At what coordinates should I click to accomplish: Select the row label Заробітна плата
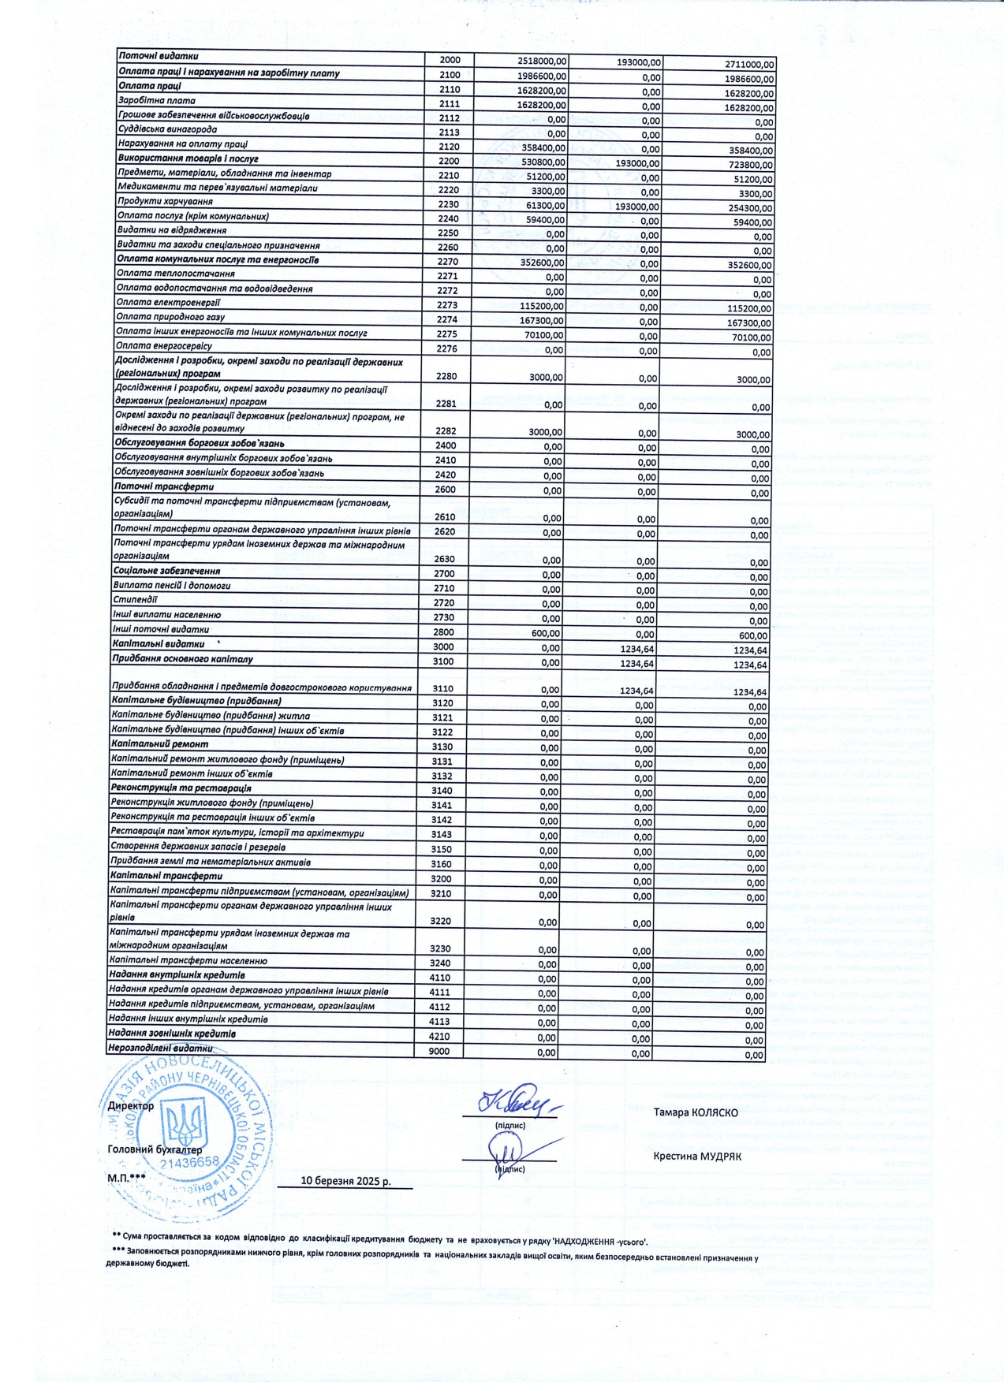pos(156,101)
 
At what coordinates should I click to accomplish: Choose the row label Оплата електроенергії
pos(169,303)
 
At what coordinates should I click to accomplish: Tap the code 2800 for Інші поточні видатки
pos(443,631)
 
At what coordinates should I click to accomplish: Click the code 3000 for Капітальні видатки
pos(443,646)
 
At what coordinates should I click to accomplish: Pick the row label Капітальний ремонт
pos(159,744)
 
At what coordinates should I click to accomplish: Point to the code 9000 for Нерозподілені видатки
pos(439,1051)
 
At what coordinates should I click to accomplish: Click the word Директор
pos(131,1105)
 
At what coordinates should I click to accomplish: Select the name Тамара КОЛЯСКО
pos(696,1112)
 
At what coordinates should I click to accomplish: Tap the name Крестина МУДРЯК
pos(696,1157)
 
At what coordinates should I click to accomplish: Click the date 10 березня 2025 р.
pos(345,1181)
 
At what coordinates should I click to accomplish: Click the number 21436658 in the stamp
pos(189,1162)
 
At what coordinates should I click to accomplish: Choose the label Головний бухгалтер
pos(155,1149)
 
